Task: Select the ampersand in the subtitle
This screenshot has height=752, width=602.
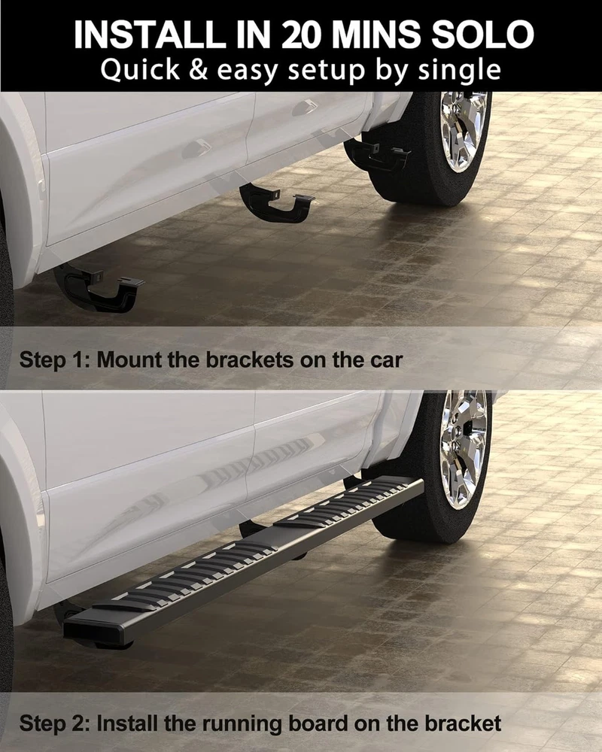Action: point(198,69)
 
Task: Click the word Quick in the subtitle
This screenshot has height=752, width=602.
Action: point(140,70)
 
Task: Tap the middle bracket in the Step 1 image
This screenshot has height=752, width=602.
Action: point(276,202)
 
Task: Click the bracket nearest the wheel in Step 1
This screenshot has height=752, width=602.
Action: point(377,154)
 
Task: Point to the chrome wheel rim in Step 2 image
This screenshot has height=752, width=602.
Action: point(464,448)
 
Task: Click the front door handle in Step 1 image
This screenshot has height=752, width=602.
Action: point(197,147)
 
